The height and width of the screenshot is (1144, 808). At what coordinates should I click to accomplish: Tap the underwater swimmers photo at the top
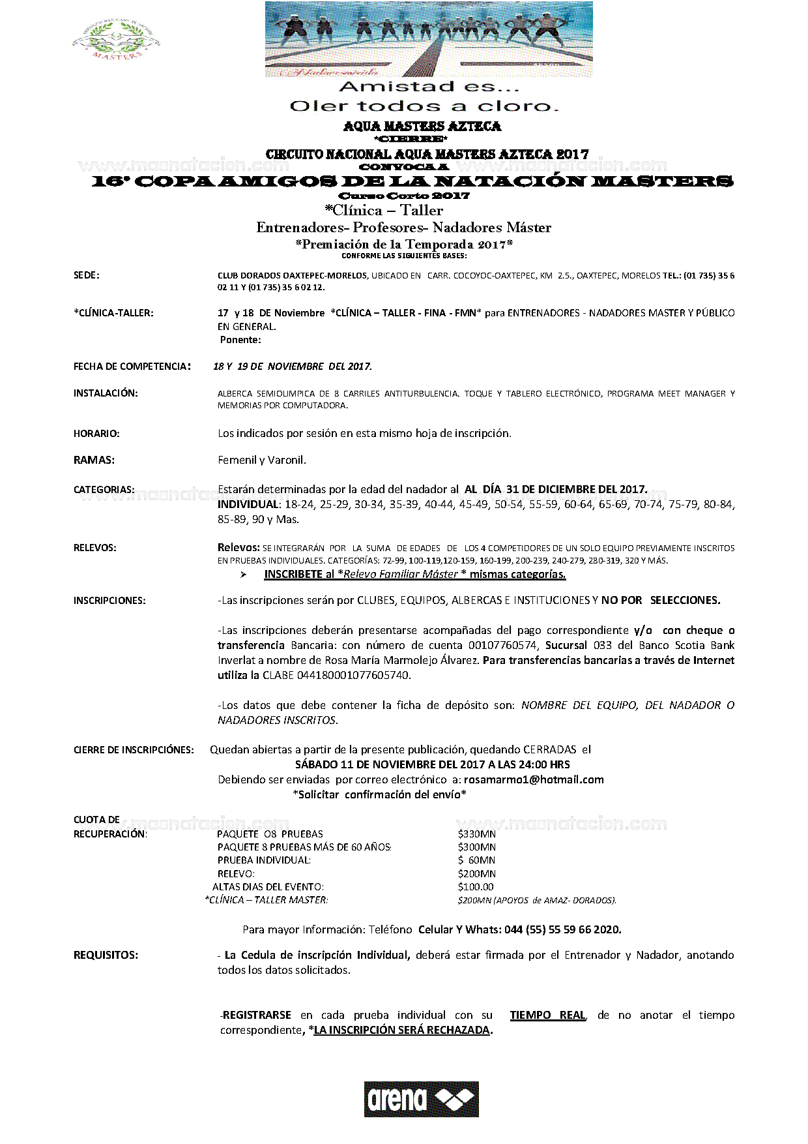[x=428, y=39]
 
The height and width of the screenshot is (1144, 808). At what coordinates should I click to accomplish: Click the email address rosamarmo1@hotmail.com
[x=534, y=779]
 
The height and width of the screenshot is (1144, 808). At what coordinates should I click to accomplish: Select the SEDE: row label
[x=87, y=275]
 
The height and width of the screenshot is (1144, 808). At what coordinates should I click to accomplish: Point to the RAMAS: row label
[x=94, y=460]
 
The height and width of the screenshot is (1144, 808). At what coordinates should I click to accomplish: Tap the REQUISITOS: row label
[x=106, y=955]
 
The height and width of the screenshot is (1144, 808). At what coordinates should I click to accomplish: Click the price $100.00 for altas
[x=476, y=886]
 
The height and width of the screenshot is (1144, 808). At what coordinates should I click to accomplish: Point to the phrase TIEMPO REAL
[x=547, y=1015]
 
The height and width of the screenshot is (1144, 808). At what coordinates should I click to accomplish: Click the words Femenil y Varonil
[x=262, y=460]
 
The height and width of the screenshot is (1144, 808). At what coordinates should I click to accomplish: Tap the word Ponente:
[x=240, y=340]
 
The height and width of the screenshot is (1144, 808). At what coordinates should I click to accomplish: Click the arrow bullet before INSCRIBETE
[x=243, y=575]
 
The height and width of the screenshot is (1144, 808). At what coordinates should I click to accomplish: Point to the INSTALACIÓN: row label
[x=106, y=393]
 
